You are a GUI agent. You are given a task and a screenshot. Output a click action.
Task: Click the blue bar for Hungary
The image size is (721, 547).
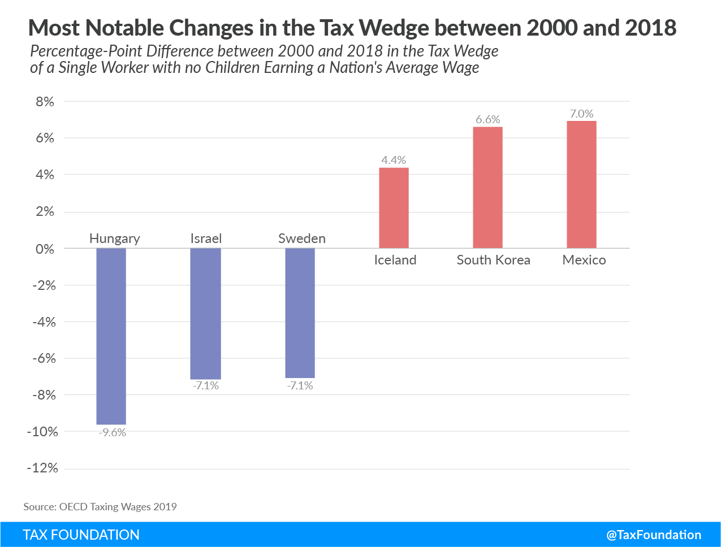(111, 336)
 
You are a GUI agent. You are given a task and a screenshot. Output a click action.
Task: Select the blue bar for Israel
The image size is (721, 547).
(205, 314)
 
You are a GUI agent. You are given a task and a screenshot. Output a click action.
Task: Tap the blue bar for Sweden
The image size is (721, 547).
(300, 312)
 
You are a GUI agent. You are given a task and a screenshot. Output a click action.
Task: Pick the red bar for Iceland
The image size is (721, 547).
(394, 208)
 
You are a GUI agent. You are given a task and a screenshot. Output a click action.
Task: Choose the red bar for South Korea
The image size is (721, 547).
(487, 188)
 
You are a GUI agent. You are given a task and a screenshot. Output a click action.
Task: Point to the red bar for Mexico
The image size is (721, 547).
(581, 184)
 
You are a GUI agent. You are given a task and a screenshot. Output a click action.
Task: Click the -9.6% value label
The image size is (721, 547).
(112, 433)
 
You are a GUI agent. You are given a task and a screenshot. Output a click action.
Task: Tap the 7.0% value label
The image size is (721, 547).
(581, 114)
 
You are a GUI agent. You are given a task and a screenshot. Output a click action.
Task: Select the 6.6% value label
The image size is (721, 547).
(487, 119)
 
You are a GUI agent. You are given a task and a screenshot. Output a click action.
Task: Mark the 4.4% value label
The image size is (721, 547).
(394, 160)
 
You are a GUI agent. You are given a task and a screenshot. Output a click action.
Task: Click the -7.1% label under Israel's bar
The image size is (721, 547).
(205, 386)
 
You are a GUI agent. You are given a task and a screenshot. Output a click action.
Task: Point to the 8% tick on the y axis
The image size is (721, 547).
(45, 102)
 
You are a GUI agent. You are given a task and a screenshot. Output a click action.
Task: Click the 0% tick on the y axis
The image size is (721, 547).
(45, 249)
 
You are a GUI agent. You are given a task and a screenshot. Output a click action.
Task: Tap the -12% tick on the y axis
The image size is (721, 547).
(42, 468)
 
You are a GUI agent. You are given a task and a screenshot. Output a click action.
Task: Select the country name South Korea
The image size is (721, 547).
(493, 260)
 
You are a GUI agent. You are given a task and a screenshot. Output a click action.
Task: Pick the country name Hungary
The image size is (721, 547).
(114, 238)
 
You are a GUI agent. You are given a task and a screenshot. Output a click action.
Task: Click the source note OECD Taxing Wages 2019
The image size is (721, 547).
(100, 506)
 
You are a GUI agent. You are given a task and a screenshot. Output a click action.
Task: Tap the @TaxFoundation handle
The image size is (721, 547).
(653, 535)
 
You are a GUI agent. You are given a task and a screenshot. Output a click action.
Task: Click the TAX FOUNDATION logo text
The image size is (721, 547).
(81, 535)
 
